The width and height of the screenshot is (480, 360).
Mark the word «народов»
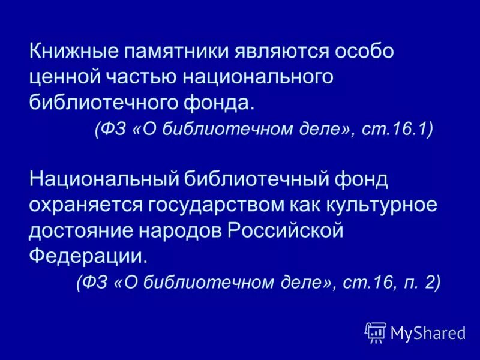pyautogui.click(x=181, y=230)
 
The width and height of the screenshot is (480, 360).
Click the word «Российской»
pyautogui.click(x=286, y=230)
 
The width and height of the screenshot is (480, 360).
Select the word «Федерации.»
pyautogui.click(x=88, y=255)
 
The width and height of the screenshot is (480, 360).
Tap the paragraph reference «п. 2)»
pyautogui.click(x=422, y=282)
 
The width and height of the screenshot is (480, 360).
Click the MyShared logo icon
pyautogui.click(x=376, y=332)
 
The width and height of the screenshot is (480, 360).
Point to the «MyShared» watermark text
pyautogui.click(x=428, y=332)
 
